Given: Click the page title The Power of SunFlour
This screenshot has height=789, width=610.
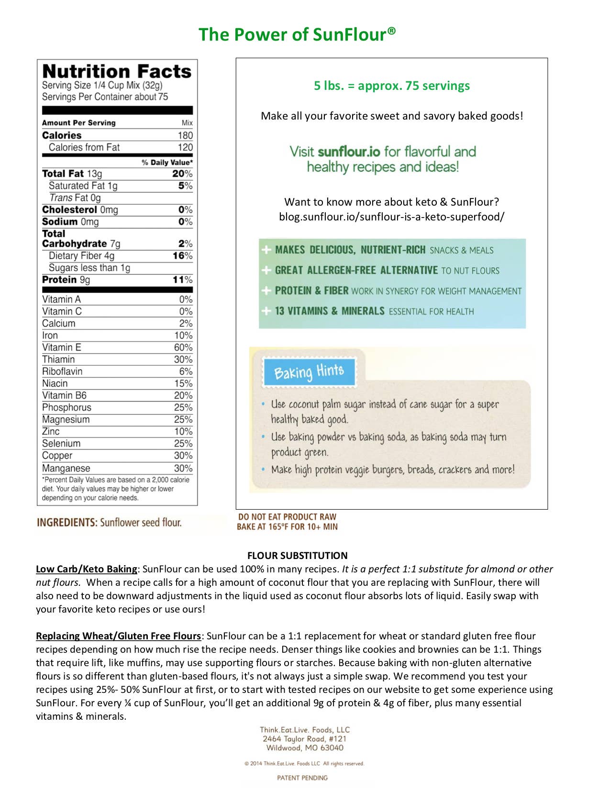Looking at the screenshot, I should [297, 34].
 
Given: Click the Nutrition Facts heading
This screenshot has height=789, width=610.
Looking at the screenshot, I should [117, 71].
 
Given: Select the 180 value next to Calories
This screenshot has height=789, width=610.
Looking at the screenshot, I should [185, 135].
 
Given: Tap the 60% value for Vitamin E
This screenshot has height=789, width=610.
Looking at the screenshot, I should [183, 347].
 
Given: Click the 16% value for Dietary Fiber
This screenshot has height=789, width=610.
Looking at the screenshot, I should [182, 256].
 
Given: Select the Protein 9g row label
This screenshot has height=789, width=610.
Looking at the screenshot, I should [66, 280].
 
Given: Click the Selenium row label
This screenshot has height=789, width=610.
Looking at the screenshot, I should [61, 443].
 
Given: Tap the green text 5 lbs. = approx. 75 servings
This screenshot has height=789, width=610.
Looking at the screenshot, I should [391, 86].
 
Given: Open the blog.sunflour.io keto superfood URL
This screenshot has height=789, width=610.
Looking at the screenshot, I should [391, 217].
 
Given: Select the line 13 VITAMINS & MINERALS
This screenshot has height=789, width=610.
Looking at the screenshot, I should [374, 311].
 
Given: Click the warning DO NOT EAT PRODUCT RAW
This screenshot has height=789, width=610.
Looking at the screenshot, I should [287, 517].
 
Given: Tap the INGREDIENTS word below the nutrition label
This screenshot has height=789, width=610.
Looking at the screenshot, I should [67, 522].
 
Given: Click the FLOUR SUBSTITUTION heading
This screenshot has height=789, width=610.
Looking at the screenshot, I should [297, 556].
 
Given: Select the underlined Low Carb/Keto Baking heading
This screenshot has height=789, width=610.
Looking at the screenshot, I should [87, 569].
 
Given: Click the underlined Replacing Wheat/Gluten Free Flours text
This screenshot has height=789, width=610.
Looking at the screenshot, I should [119, 636].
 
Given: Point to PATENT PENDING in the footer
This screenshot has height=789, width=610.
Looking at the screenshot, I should [302, 778].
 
